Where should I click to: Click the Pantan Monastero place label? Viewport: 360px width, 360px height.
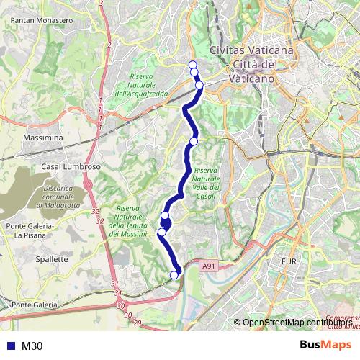[x=42, y=21]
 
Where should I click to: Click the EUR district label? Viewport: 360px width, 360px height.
[x=289, y=261]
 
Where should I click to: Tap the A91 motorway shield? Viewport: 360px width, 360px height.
[x=209, y=266]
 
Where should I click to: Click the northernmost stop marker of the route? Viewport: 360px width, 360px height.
[x=192, y=66]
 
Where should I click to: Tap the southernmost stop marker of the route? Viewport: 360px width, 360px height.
[x=174, y=274]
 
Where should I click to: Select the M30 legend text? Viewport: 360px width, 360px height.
[x=32, y=346]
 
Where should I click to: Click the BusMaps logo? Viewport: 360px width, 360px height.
[x=325, y=346]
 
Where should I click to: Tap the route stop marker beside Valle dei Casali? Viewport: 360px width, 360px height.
[x=193, y=141]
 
